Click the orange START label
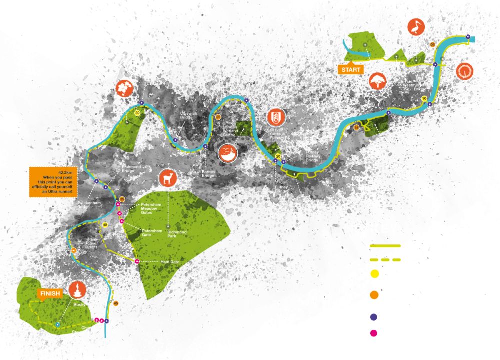(x=351, y=70)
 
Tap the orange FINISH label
(x=50, y=293)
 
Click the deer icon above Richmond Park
(x=168, y=179)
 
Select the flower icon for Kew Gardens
(x=124, y=89)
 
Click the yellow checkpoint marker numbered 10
(x=424, y=98)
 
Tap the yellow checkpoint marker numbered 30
(x=137, y=112)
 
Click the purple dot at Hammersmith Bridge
(x=247, y=100)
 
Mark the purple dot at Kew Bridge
(x=142, y=103)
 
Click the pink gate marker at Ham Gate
(x=137, y=261)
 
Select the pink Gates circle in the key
(x=373, y=334)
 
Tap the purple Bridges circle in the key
(x=373, y=317)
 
